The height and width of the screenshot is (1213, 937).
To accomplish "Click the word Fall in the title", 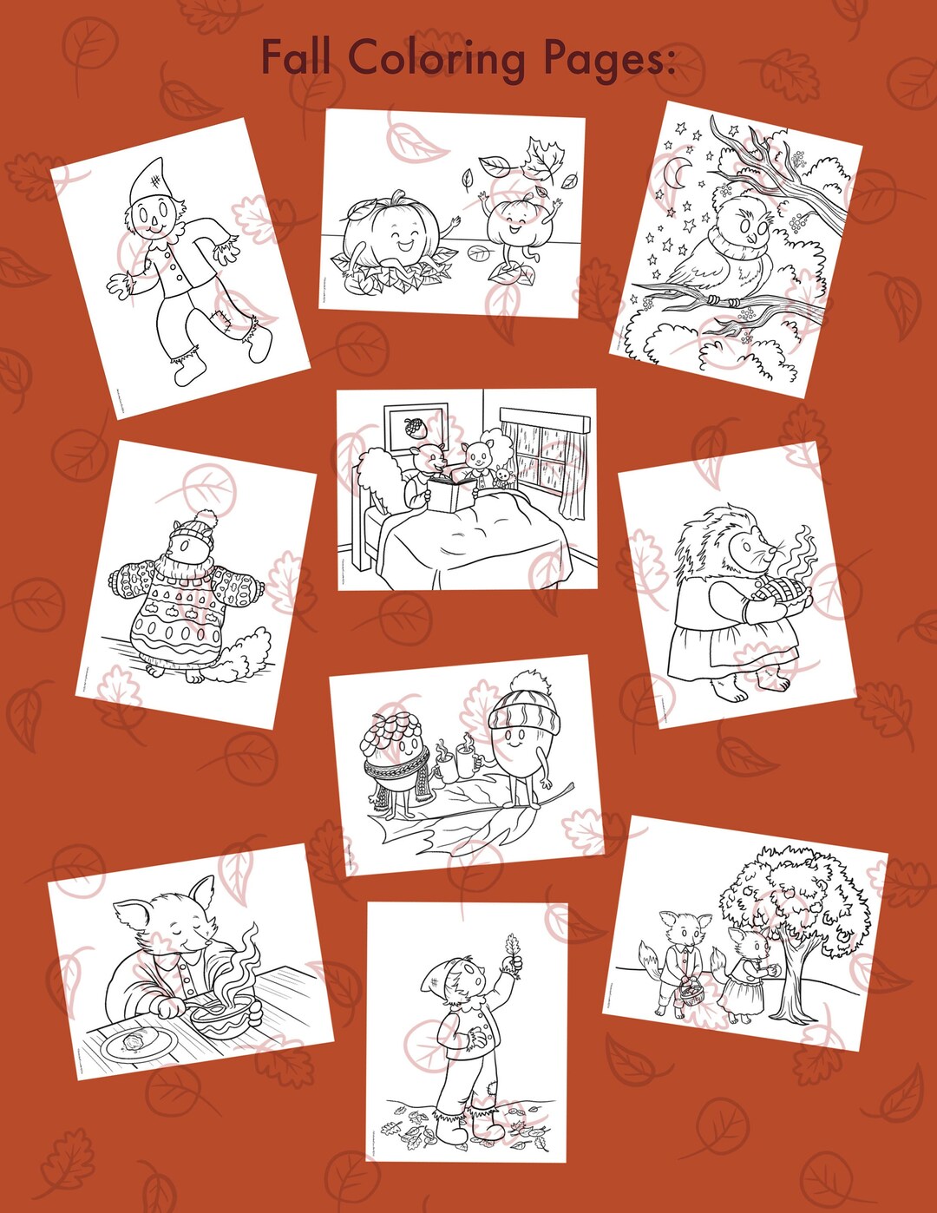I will (296, 58).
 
